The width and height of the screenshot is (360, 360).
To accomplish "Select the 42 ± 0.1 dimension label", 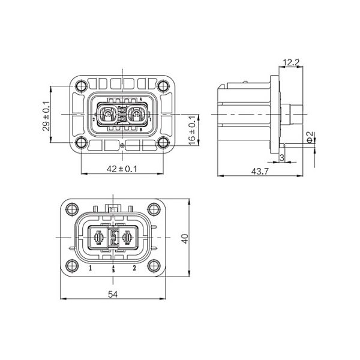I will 122,169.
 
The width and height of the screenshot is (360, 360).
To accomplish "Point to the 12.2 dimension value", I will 291,62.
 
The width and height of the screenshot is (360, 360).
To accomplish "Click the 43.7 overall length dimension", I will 259,172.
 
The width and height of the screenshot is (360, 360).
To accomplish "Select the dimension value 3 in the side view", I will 282,158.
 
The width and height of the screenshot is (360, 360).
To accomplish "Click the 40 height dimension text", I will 185,239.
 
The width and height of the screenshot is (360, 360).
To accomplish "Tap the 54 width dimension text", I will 113,294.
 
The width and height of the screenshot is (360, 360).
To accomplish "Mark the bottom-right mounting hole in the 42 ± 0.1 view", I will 163,142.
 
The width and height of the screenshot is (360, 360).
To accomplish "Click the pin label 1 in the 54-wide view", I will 91,268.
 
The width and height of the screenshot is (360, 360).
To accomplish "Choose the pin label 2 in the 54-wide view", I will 134,268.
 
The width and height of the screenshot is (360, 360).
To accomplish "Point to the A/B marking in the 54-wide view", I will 113,268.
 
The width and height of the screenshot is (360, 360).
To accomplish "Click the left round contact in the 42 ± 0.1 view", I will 107,114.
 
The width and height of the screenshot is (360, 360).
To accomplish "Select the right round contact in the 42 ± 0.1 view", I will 136,114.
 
